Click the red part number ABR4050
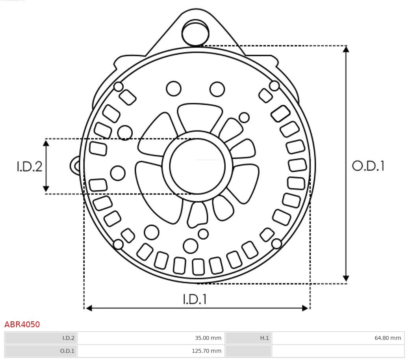point(22,325)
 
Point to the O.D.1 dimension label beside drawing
point(368,166)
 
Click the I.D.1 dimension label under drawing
point(195,299)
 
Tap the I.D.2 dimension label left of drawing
point(29,166)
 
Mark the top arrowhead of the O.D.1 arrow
point(346,49)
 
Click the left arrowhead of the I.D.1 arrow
point(89,308)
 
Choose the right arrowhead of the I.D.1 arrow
point(305,308)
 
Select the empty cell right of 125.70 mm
point(338,351)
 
